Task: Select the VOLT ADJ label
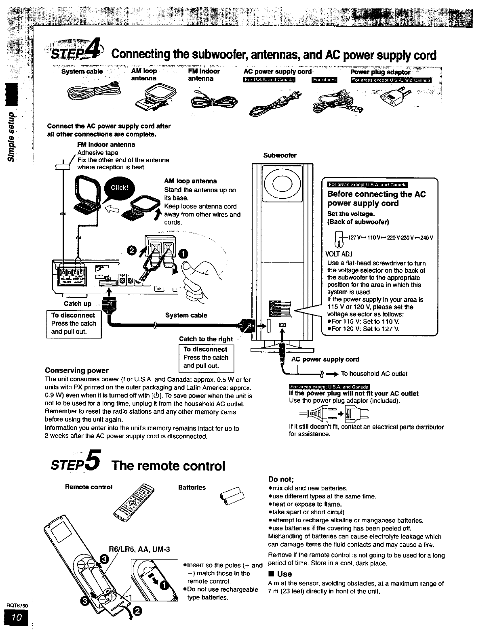tap(339, 254)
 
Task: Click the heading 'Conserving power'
tap(77, 370)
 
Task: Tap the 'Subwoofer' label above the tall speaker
tap(280, 155)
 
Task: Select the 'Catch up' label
tap(78, 304)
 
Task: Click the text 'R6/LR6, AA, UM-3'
tap(135, 549)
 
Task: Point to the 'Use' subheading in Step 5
tap(284, 574)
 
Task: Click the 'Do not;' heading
tap(281, 479)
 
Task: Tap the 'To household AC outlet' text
tap(374, 374)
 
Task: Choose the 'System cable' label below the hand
tap(186, 315)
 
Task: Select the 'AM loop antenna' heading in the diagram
tap(190, 181)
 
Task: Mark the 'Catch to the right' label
tap(206, 339)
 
